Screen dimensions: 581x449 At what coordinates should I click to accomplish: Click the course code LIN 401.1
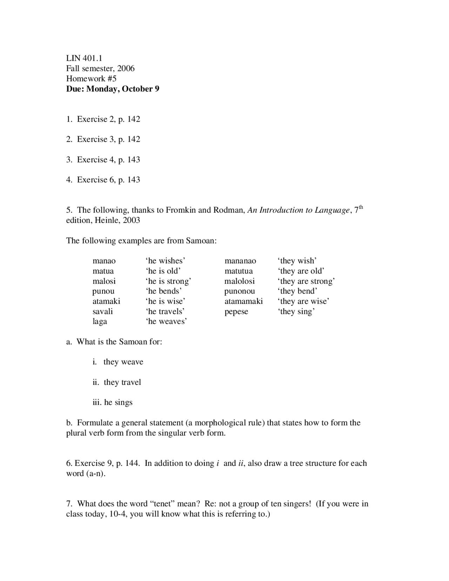click(x=84, y=58)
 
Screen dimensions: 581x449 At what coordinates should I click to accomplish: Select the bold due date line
click(x=113, y=89)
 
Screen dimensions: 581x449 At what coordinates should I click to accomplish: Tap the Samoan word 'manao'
click(x=104, y=261)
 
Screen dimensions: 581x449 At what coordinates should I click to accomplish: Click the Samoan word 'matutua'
click(x=239, y=271)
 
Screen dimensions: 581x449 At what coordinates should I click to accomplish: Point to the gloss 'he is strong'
click(x=168, y=281)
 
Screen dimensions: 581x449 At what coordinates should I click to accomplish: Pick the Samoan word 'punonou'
click(x=240, y=291)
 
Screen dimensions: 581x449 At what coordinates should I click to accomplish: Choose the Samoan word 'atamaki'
click(x=106, y=301)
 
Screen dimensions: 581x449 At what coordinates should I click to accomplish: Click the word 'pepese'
click(x=236, y=312)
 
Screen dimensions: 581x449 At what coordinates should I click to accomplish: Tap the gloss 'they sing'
click(x=296, y=312)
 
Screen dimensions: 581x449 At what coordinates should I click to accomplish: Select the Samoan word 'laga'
click(x=100, y=322)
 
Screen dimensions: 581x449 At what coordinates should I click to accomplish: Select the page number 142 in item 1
click(x=134, y=120)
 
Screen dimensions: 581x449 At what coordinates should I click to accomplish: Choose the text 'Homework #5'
click(x=91, y=79)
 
